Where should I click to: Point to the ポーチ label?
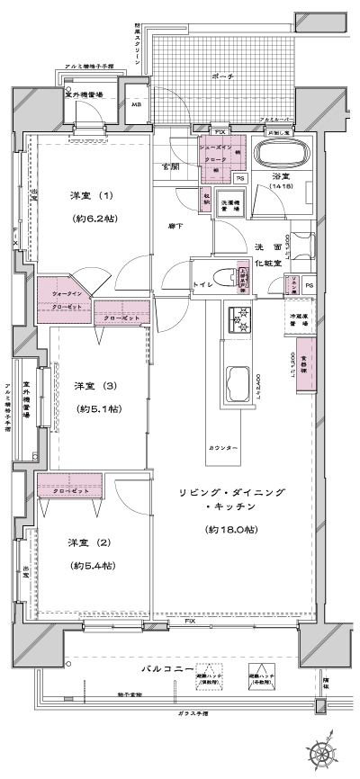(223, 78)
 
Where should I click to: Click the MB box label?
(137, 104)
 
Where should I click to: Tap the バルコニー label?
(165, 670)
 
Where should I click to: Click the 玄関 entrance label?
(169, 167)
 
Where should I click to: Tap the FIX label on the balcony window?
(190, 622)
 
